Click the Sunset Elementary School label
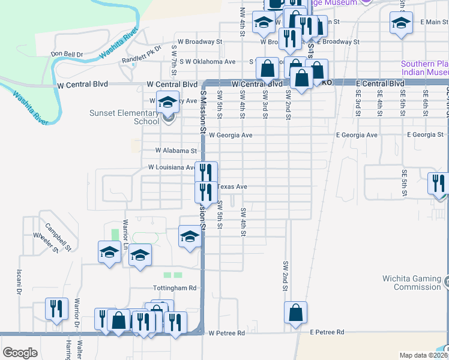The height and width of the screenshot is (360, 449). [124, 117]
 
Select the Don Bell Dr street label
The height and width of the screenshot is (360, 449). [67, 54]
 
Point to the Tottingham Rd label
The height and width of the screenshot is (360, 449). [175, 288]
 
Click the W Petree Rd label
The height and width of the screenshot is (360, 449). [227, 332]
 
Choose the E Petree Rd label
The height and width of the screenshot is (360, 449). [327, 332]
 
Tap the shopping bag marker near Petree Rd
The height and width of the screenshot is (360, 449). [295, 313]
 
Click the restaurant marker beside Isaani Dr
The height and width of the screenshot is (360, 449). [57, 309]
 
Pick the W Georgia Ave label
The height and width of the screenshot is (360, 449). [231, 136]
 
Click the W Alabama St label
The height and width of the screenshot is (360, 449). [176, 151]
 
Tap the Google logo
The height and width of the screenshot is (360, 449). [20, 352]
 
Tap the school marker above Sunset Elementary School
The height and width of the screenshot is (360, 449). [169, 102]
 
